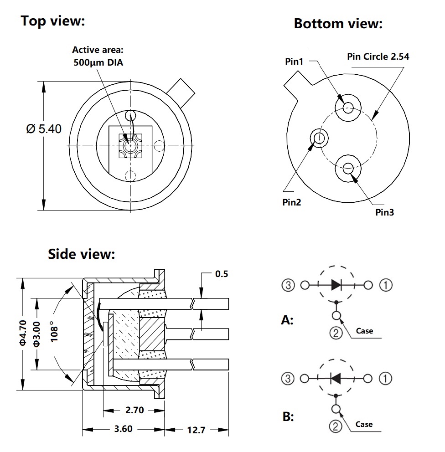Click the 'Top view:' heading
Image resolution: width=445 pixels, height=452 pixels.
click(x=53, y=21)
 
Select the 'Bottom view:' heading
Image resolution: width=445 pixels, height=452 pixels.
click(x=338, y=24)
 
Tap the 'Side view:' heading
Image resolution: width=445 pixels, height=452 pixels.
click(x=82, y=254)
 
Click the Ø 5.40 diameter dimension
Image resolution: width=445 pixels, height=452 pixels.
click(x=44, y=129)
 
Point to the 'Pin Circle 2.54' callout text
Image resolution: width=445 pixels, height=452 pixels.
click(x=378, y=56)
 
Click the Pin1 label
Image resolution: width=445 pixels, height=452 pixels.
click(x=294, y=62)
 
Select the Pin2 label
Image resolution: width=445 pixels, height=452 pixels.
click(x=292, y=203)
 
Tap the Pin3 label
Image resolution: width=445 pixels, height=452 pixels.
click(x=384, y=212)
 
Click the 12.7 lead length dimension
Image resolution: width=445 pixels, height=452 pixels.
click(x=196, y=430)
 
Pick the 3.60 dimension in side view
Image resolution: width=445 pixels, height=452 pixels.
click(x=123, y=429)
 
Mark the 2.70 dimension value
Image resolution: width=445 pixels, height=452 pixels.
click(x=134, y=410)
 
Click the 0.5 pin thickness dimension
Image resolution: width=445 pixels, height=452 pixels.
click(x=221, y=274)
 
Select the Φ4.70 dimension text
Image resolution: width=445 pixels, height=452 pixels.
click(x=23, y=333)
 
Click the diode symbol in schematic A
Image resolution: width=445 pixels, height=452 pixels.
click(x=336, y=285)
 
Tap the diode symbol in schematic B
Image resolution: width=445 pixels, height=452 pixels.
click(x=336, y=378)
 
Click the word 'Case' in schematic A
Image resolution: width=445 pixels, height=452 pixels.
click(x=364, y=331)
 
